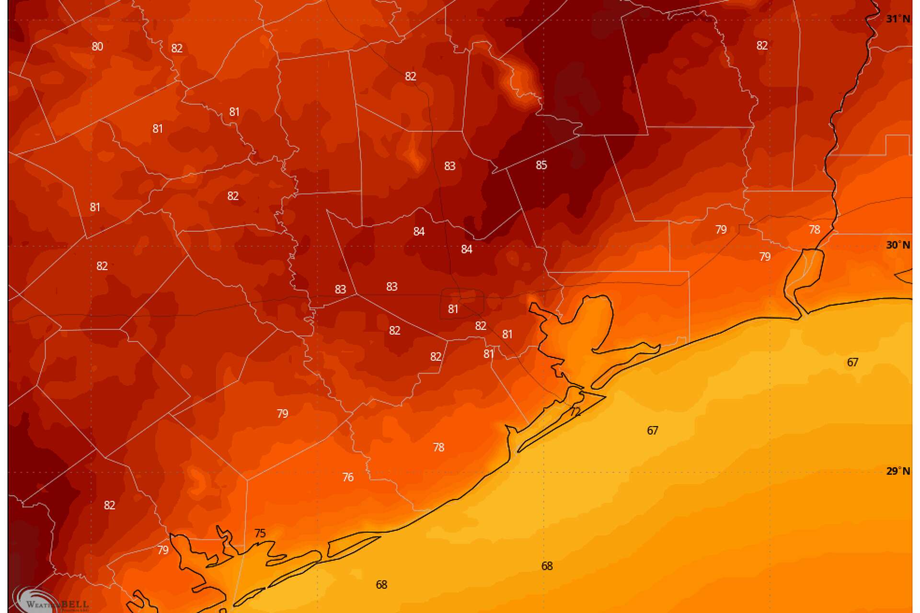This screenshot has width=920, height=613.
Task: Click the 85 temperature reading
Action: coord(541,165)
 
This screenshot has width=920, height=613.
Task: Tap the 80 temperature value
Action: coord(97,46)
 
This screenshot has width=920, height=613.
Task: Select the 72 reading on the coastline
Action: coord(575,412)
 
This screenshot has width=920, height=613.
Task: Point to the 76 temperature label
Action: coord(348,477)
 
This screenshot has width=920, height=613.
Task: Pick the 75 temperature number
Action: coord(260,533)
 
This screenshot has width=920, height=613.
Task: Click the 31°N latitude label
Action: coord(897,19)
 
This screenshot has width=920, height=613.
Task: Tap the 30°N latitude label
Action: coord(897,245)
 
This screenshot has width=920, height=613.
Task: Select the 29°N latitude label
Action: coord(897,471)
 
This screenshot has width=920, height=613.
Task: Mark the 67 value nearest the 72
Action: coord(652,431)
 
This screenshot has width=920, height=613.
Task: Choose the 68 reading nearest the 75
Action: coord(381,585)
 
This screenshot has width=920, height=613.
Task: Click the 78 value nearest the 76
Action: coord(438,447)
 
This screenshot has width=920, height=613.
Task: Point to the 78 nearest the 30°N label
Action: coord(815,229)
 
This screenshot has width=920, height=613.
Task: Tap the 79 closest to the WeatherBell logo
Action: coord(163,550)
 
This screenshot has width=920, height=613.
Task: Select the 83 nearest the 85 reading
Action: coord(449,166)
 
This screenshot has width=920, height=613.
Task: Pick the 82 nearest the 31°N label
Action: coord(762,45)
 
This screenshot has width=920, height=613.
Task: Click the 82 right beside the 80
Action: coord(177,48)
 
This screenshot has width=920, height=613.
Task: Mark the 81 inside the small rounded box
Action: coord(453,309)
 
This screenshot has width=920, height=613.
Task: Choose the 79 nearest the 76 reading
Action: coord(282,413)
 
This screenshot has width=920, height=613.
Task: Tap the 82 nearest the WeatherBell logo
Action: coord(109,505)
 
